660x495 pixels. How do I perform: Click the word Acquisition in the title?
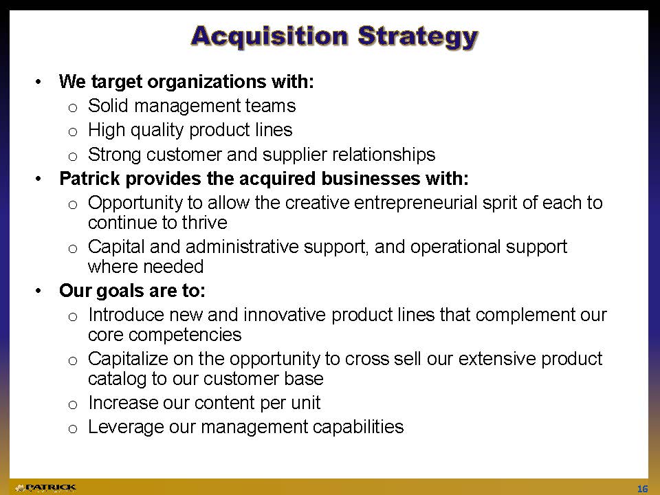click(269, 36)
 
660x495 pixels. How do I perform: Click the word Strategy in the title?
click(418, 37)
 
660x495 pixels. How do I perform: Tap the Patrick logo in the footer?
click(45, 488)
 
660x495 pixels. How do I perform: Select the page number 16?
click(642, 489)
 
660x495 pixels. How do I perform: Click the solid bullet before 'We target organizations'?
click(38, 82)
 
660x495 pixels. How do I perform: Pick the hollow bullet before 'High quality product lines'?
click(72, 132)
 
